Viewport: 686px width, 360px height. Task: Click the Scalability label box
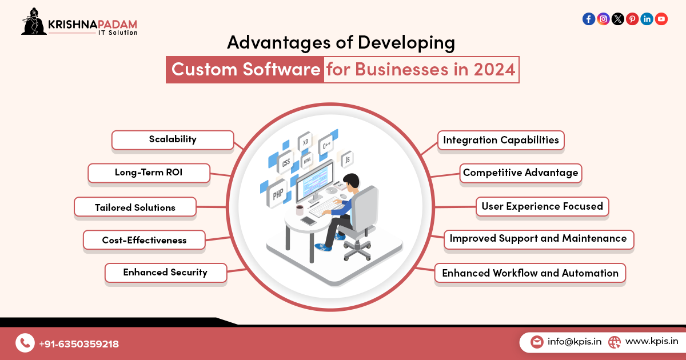(173, 139)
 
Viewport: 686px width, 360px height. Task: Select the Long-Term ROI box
(149, 173)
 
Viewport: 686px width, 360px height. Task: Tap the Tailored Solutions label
(135, 207)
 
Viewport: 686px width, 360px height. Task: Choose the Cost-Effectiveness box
(144, 240)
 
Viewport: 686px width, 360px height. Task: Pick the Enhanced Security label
(165, 273)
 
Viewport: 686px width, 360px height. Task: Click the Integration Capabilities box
(501, 140)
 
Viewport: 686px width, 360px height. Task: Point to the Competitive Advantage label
(520, 173)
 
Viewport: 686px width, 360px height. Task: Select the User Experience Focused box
(542, 206)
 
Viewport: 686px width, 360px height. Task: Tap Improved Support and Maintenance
(538, 238)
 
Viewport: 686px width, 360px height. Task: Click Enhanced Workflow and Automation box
(530, 273)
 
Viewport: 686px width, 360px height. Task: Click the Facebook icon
(589, 19)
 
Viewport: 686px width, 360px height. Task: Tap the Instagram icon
(603, 19)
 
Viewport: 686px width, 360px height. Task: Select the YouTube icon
(661, 19)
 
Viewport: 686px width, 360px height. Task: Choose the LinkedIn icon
(647, 19)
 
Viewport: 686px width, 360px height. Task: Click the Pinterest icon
(632, 19)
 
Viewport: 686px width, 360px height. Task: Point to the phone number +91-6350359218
(79, 344)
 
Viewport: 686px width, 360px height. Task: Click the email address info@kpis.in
(574, 342)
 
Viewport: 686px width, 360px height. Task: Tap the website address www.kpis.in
(652, 342)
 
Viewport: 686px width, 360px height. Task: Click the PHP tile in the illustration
(278, 194)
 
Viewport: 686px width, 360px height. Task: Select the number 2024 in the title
(494, 70)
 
